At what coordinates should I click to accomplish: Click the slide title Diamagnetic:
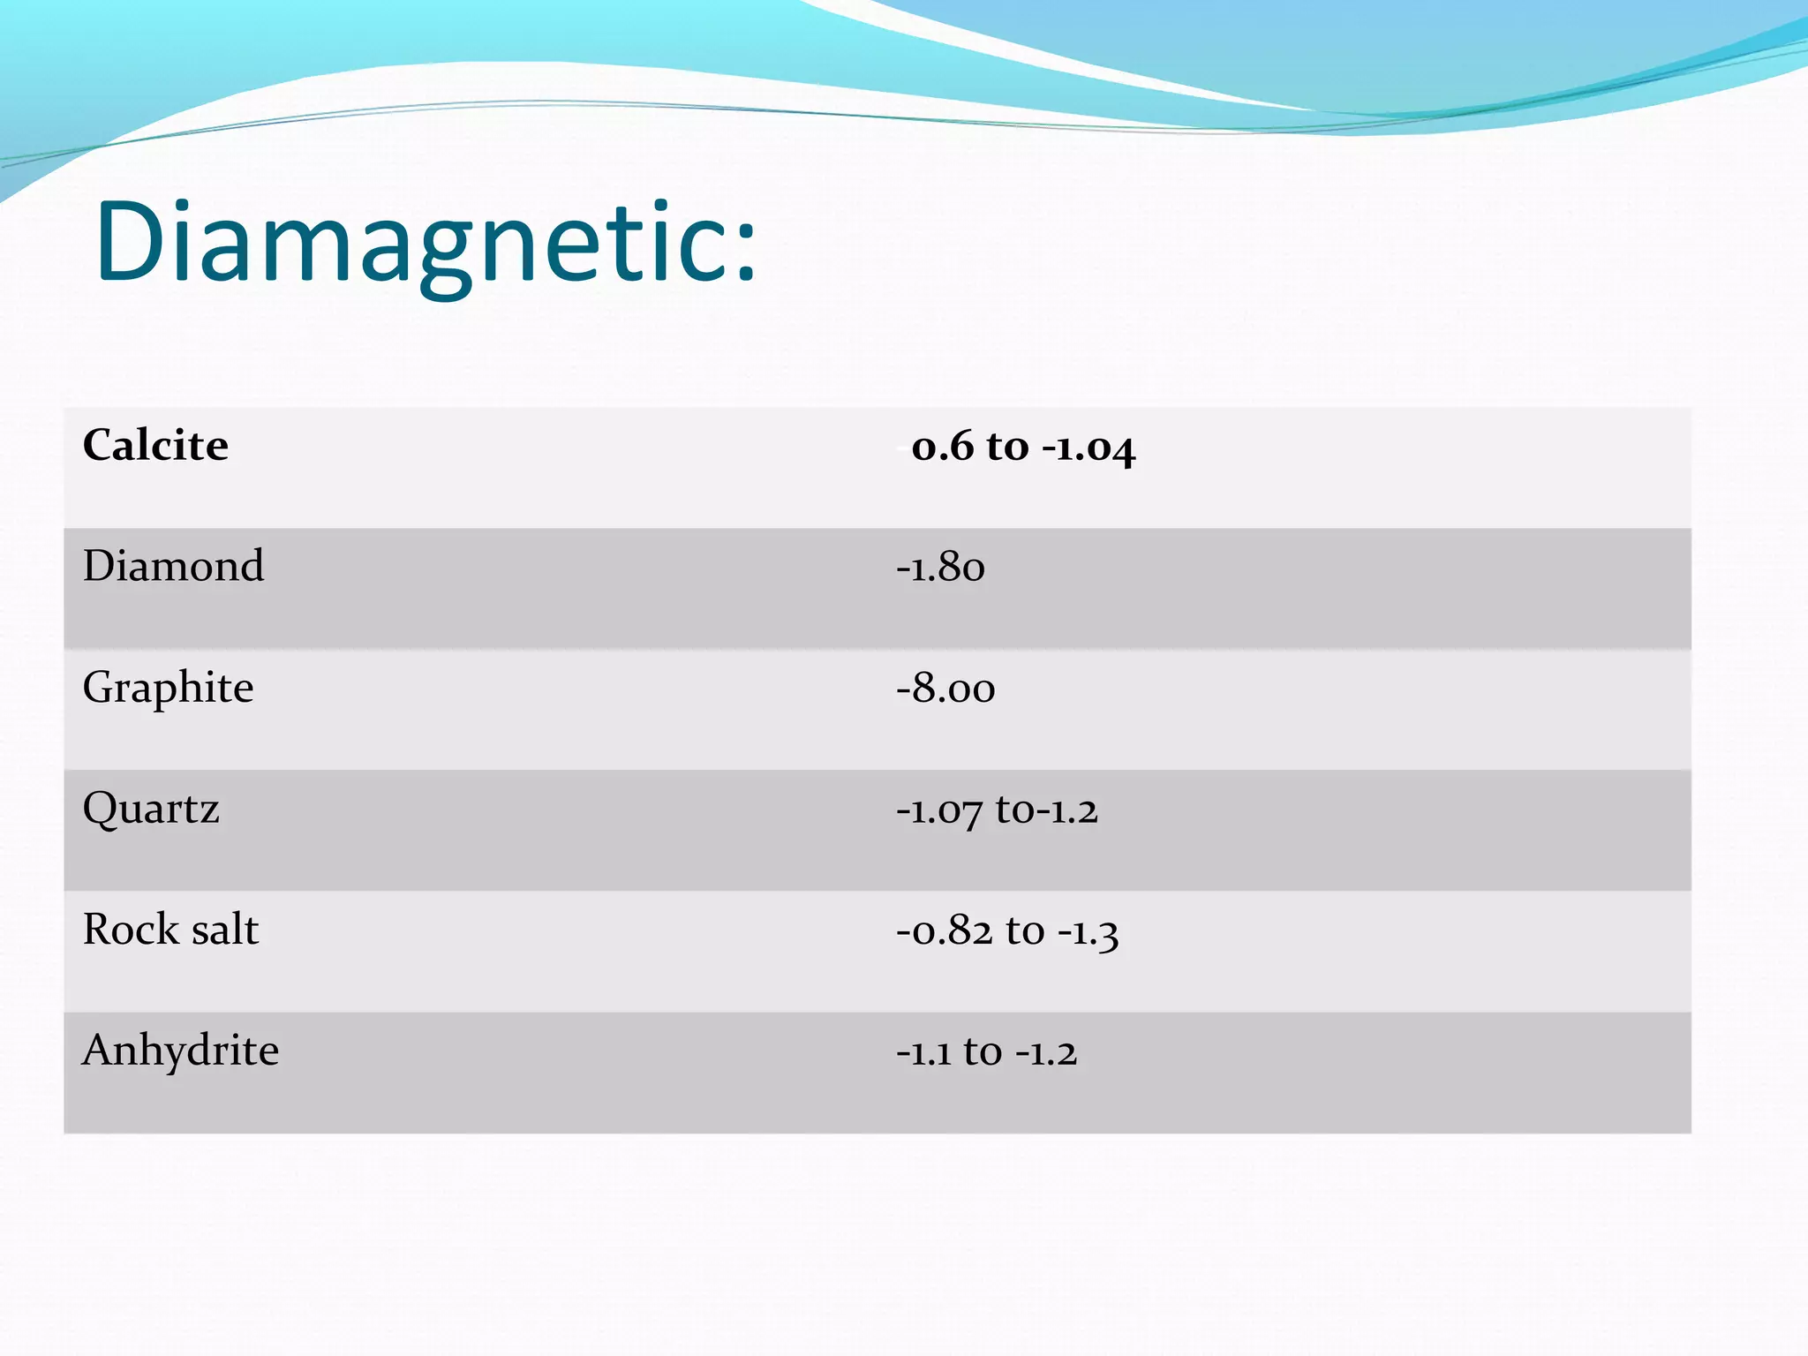pyautogui.click(x=426, y=243)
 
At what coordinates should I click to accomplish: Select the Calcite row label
pyautogui.click(x=155, y=445)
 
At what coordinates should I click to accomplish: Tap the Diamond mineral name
pyautogui.click(x=173, y=566)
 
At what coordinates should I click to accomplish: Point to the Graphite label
pyautogui.click(x=168, y=688)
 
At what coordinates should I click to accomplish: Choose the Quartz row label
pyautogui.click(x=151, y=809)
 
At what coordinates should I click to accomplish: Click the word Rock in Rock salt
pyautogui.click(x=130, y=930)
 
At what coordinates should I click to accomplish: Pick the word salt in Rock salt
pyautogui.click(x=225, y=930)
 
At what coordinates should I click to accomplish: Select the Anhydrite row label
pyautogui.click(x=180, y=1051)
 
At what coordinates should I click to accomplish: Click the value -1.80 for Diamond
pyautogui.click(x=940, y=568)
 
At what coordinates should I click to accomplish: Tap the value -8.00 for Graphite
pyautogui.click(x=945, y=689)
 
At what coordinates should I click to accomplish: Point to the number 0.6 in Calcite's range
pyautogui.click(x=941, y=447)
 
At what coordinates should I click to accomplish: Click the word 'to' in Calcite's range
pyautogui.click(x=1007, y=447)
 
